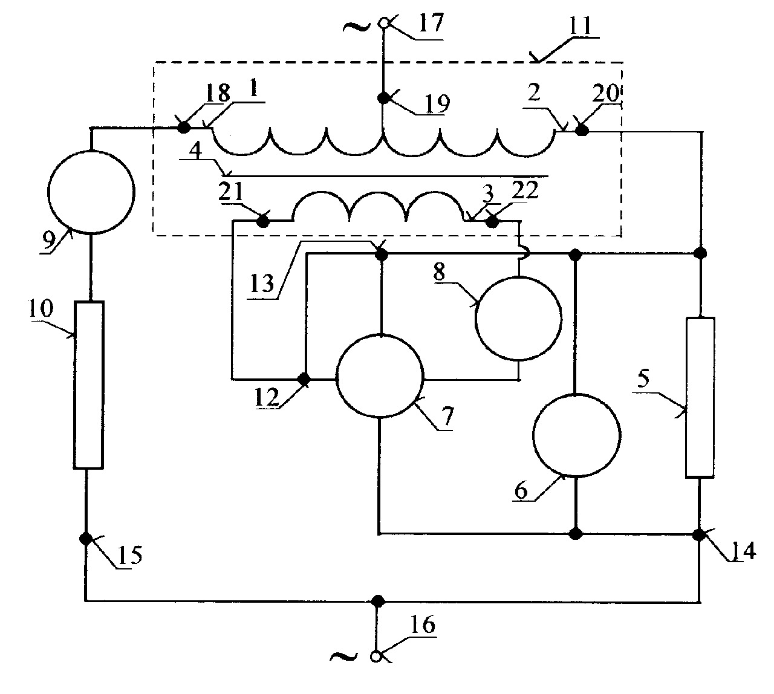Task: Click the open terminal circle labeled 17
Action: coord(383,24)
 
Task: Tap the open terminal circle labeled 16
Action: coord(376,667)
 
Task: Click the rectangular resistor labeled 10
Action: coord(88,384)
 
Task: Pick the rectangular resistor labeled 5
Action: coord(700,397)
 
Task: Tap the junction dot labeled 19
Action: coord(383,98)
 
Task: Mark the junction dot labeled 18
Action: coord(184,127)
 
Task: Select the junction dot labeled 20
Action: coord(582,131)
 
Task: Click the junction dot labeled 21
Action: coord(263,221)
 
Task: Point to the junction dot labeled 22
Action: coord(492,221)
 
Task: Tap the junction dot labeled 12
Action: coord(304,379)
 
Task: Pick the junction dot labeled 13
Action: coord(381,254)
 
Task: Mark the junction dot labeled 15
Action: coord(86,539)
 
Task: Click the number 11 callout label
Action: coord(580,26)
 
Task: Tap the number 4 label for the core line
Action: coord(195,151)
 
